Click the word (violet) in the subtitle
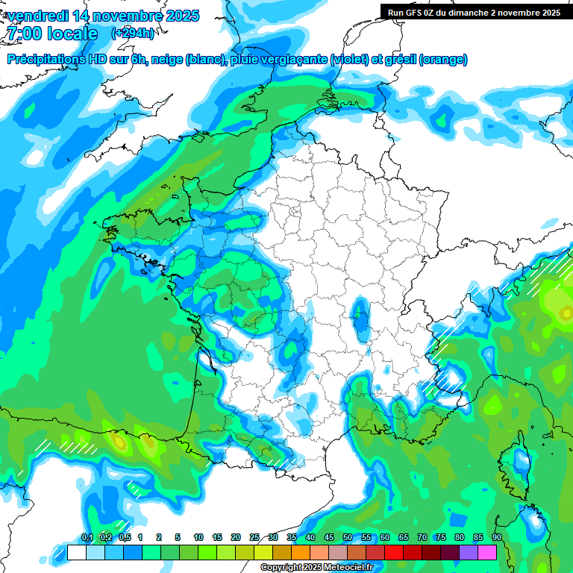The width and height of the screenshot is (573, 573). tap(348, 60)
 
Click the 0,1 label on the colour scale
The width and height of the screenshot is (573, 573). tap(87, 538)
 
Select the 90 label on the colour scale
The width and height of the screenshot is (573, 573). tap(497, 538)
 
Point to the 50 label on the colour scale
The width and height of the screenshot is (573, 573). tap(348, 538)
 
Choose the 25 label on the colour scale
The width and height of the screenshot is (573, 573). tap(254, 538)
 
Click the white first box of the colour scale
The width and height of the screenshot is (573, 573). tap(76, 552)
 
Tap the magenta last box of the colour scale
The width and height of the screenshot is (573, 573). tap(487, 552)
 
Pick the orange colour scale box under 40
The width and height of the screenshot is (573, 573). tap(301, 552)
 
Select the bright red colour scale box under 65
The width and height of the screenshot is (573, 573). tap(394, 552)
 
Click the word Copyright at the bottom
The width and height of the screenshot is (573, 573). tap(282, 568)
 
